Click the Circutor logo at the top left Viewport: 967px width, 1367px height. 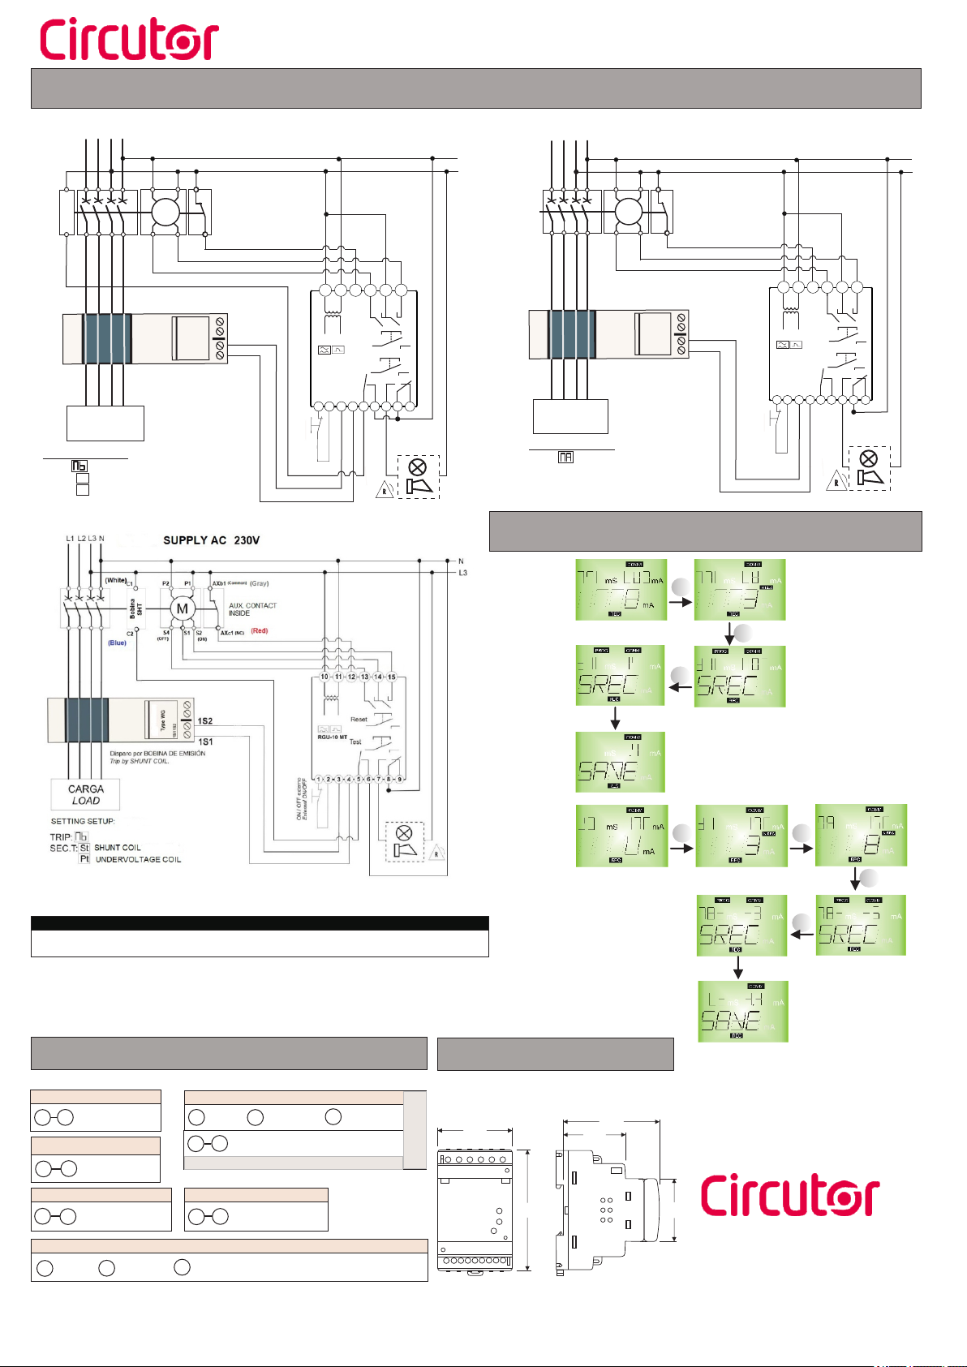(x=129, y=40)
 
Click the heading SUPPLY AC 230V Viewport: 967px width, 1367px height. (x=211, y=540)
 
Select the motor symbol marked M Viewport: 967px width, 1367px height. (x=183, y=608)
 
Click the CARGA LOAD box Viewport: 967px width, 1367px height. (x=86, y=794)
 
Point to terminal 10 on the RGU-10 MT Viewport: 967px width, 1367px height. (x=324, y=677)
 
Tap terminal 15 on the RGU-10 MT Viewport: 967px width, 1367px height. (x=391, y=677)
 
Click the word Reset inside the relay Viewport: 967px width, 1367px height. (x=359, y=720)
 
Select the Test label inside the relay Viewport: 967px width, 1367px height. (x=355, y=742)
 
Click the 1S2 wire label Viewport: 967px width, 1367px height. (x=205, y=721)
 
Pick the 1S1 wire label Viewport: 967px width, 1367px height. (x=205, y=742)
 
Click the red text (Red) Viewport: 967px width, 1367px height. (x=259, y=630)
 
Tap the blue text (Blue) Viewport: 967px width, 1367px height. (x=118, y=643)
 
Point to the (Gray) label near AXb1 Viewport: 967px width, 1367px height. (x=259, y=583)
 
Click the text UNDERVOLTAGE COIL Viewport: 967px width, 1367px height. (x=138, y=860)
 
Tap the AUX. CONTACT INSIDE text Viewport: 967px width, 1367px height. (x=252, y=609)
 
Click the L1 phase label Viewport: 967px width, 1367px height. (x=70, y=539)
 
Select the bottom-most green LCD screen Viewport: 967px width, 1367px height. (x=743, y=1011)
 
